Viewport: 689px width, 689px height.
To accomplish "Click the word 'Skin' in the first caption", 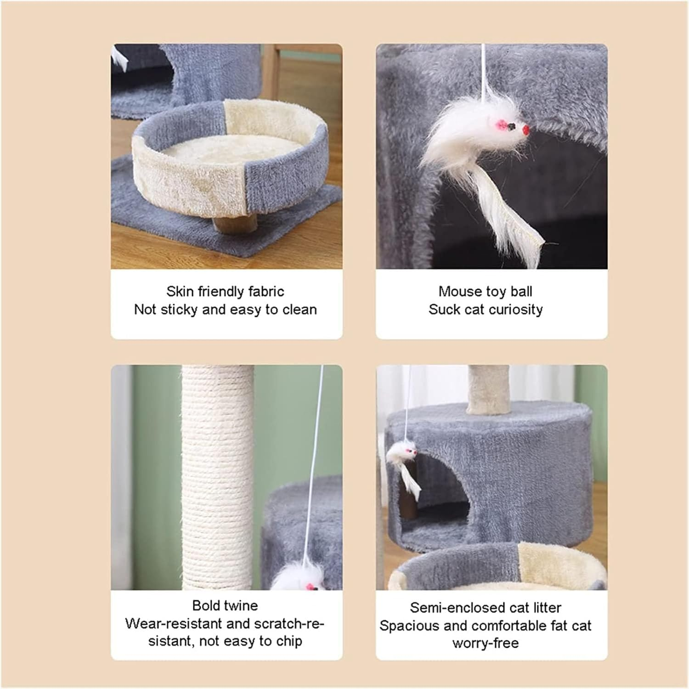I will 176,292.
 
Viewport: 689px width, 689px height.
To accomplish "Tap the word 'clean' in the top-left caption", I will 299,310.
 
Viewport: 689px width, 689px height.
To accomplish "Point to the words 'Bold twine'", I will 225,605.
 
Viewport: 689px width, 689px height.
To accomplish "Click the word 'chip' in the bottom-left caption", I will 289,641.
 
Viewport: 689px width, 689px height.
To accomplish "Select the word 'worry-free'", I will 486,643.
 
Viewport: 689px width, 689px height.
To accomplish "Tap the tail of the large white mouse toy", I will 514,225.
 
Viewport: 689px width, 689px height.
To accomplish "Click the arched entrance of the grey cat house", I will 441,487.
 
